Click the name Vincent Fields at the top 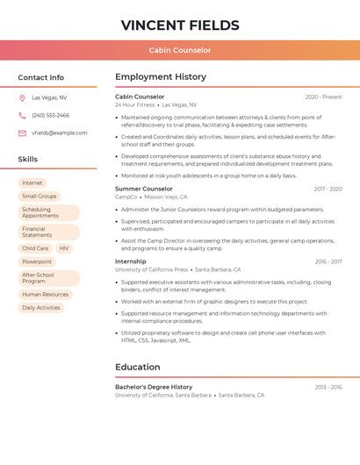tap(179, 25)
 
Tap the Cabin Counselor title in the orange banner tap(179, 50)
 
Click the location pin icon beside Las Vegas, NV tap(22, 98)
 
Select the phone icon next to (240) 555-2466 tap(22, 115)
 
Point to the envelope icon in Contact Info tap(22, 133)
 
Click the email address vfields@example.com tap(60, 133)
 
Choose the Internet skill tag tap(32, 183)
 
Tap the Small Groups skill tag tap(40, 197)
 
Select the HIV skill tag tap(64, 248)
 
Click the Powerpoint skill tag tap(37, 261)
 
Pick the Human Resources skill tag tap(45, 295)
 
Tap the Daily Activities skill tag tap(41, 308)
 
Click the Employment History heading tap(161, 77)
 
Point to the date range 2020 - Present tap(323, 97)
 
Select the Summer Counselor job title tap(144, 189)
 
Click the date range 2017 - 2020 tap(328, 189)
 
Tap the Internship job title tap(131, 261)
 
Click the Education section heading tap(137, 367)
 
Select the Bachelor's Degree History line tap(154, 387)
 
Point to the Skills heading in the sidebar tap(28, 160)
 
